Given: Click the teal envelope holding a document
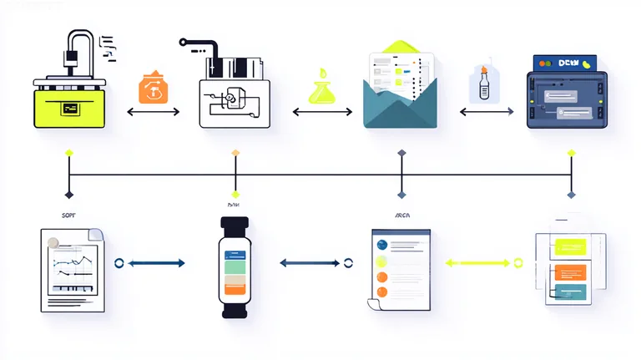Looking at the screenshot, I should click(x=401, y=92).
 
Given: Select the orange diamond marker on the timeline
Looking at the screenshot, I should click(x=235, y=153).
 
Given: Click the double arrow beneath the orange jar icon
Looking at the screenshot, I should click(x=153, y=111).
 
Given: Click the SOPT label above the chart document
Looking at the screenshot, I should click(x=69, y=215).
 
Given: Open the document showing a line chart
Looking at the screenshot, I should click(x=73, y=269).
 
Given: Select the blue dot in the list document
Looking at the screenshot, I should click(x=382, y=246).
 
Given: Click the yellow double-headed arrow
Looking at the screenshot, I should click(x=477, y=263).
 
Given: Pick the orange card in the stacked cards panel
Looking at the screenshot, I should click(x=569, y=271).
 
